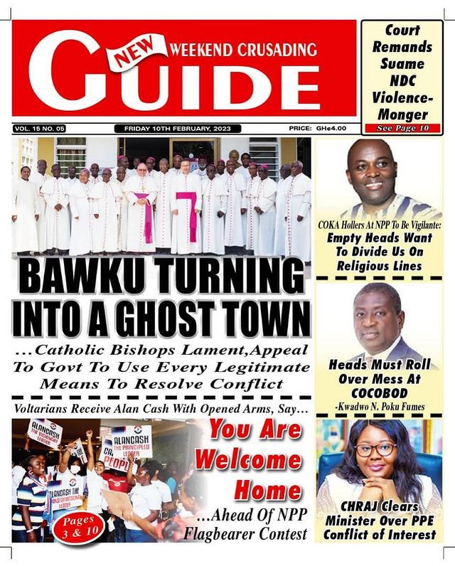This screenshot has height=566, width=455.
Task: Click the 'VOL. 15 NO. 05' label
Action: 40,129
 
